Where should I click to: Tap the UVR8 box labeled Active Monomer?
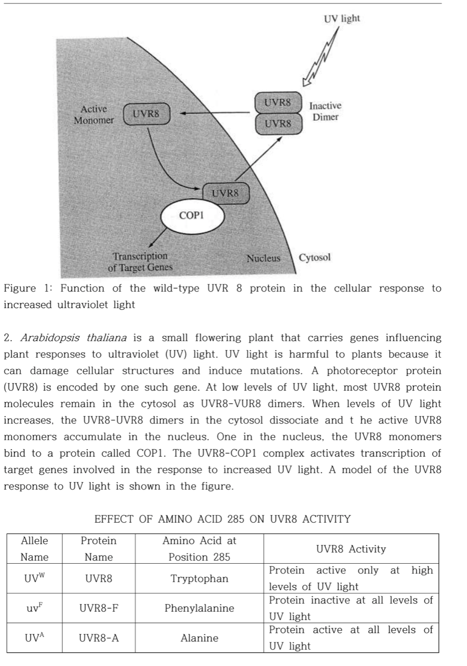(x=146, y=114)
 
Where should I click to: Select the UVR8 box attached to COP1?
(x=225, y=193)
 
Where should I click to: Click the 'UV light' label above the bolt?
(x=342, y=19)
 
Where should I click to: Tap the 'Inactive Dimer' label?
(x=325, y=111)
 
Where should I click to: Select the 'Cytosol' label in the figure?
(x=315, y=257)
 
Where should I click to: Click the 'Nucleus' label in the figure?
(x=264, y=258)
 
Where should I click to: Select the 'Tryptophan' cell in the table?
(x=199, y=579)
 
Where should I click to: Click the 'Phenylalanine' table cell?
(x=199, y=608)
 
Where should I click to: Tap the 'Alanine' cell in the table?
(x=199, y=638)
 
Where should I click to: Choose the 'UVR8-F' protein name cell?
(x=99, y=608)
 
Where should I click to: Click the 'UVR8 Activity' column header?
(x=351, y=549)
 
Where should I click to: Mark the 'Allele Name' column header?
(x=35, y=549)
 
